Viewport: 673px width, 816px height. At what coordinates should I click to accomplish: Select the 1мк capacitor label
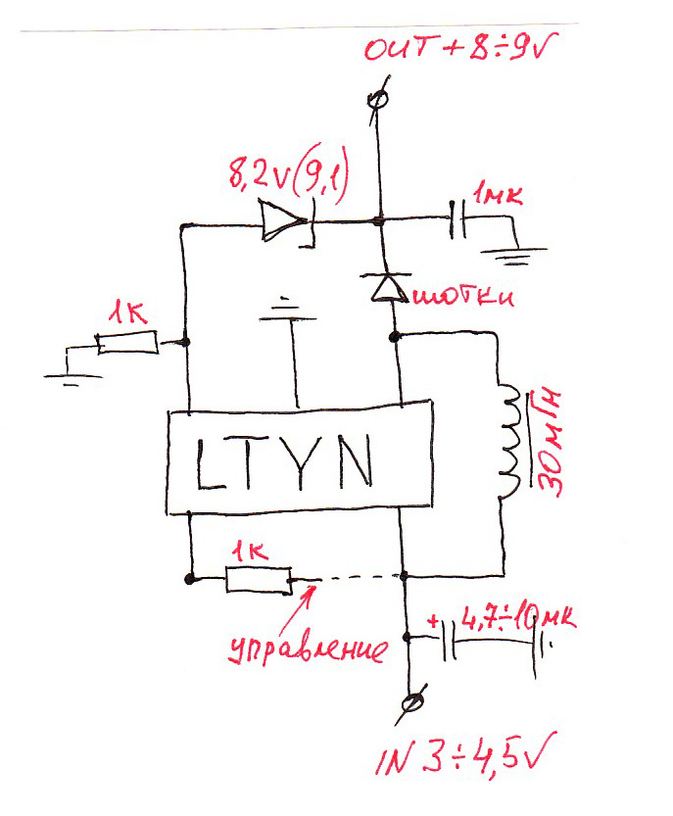click(x=497, y=197)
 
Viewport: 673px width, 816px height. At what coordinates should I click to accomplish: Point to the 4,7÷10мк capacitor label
click(x=515, y=620)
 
